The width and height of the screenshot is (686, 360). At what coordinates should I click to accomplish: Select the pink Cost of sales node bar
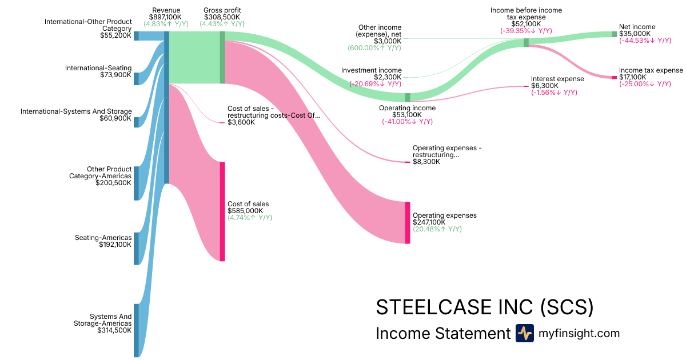point(222,211)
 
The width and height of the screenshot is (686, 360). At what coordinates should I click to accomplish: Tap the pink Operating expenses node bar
point(408,222)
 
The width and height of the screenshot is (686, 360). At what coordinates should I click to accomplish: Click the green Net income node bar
point(615,34)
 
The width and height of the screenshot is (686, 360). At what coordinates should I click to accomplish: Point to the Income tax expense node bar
point(615,77)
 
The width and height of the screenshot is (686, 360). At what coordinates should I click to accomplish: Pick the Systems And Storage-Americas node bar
point(137,330)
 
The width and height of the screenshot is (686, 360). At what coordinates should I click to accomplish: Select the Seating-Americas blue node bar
point(137,249)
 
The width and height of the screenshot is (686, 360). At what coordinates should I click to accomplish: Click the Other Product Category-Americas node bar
point(137,183)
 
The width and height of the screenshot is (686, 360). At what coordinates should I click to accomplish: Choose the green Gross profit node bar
point(222,57)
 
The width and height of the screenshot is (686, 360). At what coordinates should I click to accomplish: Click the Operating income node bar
point(408,97)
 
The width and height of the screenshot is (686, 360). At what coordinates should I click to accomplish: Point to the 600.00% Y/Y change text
point(374,49)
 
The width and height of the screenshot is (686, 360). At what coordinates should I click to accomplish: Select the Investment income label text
point(372,70)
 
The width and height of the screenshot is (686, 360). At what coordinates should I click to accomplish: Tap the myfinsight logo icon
point(524,333)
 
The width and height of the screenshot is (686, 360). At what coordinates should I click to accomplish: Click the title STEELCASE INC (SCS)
point(484,307)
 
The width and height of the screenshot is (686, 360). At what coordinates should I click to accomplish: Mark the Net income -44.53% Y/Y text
point(645,41)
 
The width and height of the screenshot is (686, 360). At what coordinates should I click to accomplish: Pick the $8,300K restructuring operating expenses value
point(426,162)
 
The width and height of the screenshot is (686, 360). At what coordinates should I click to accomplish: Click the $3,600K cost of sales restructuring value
point(241,122)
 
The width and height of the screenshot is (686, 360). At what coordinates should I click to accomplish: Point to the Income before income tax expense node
point(526,42)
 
